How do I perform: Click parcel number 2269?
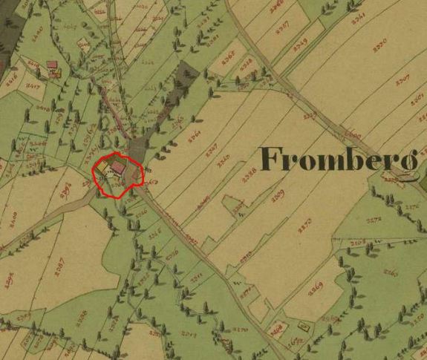click(316, 287)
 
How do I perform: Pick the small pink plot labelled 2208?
click(278, 327)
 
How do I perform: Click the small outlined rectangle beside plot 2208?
click(303, 325)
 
